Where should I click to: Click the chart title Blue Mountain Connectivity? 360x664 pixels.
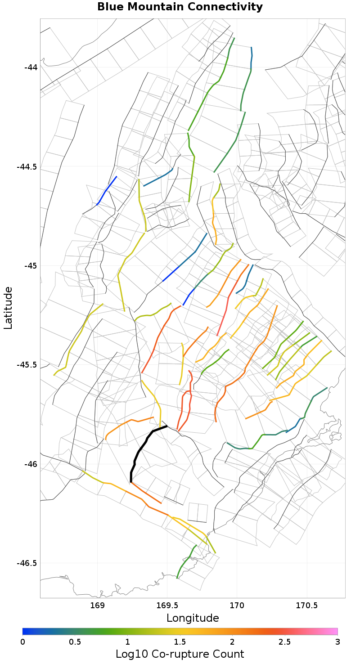click(x=180, y=7)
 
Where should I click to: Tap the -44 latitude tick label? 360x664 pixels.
click(x=30, y=67)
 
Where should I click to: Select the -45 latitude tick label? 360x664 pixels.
click(x=30, y=265)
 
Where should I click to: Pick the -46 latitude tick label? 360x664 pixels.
click(x=30, y=464)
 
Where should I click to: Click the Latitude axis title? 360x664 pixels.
click(x=8, y=308)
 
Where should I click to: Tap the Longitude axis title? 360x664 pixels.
click(x=193, y=618)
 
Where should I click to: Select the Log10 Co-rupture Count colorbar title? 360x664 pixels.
click(x=180, y=654)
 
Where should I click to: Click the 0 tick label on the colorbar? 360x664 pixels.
click(x=22, y=642)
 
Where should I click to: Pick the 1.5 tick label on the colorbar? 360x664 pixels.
click(x=180, y=642)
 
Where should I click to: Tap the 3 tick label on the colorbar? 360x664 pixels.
click(x=337, y=642)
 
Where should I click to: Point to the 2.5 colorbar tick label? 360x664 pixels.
click(x=285, y=642)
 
